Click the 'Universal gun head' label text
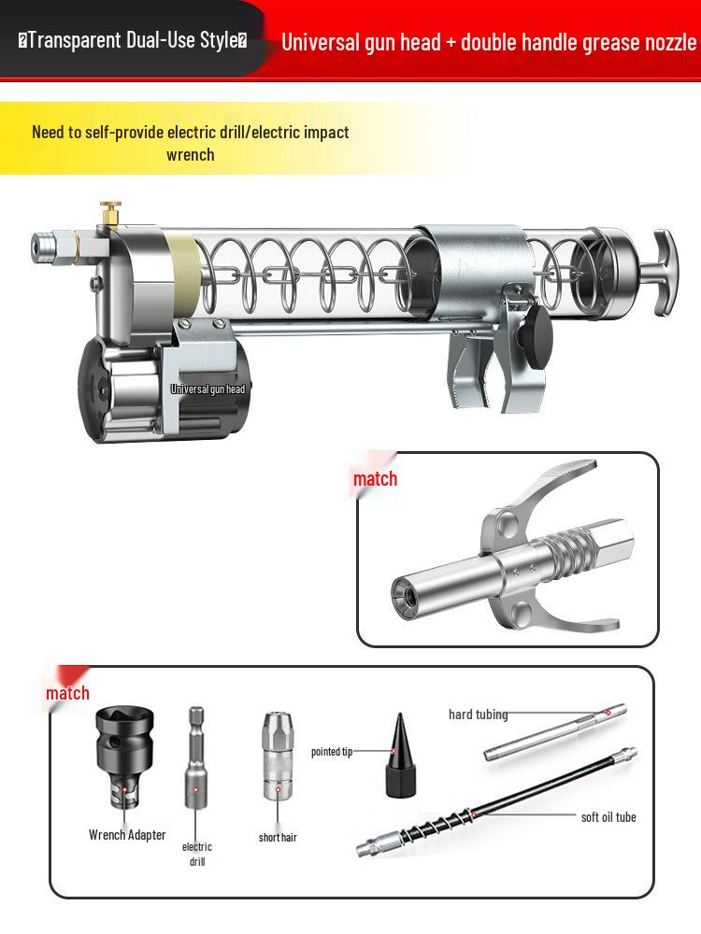(x=207, y=389)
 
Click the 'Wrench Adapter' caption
(x=127, y=834)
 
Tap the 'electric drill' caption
(x=196, y=854)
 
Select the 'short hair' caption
(x=278, y=837)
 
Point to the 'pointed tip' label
(x=332, y=752)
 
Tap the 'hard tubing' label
(x=478, y=715)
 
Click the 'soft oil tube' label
(x=608, y=817)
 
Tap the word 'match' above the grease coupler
(x=375, y=479)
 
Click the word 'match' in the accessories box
(x=67, y=692)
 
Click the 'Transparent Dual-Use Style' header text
(x=132, y=41)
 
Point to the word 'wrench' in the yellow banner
(x=190, y=155)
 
